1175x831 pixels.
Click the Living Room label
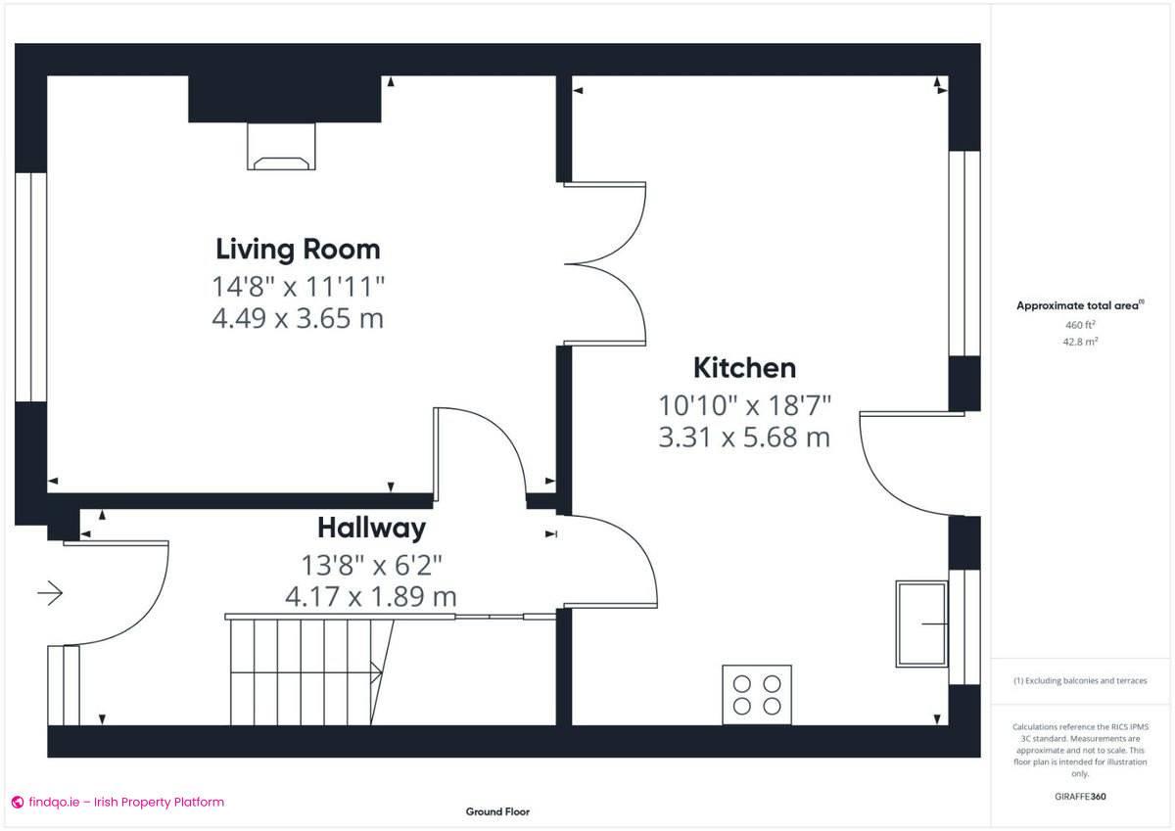coord(298,249)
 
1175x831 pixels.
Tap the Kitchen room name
coord(744,368)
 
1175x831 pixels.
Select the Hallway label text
coord(371,529)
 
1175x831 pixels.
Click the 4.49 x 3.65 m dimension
coord(298,318)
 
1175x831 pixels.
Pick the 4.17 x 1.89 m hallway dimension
coord(371,595)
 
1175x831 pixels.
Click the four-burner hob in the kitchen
coord(757,695)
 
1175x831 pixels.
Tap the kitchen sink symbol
coord(921,624)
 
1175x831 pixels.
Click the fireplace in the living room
coord(283,146)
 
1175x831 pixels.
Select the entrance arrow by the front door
coord(50,592)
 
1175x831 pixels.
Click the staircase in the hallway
coord(304,670)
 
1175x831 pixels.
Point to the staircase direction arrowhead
coord(377,671)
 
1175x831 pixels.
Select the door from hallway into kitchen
coord(612,561)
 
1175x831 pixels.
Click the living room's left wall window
coord(30,288)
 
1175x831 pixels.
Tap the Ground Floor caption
coord(497,811)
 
